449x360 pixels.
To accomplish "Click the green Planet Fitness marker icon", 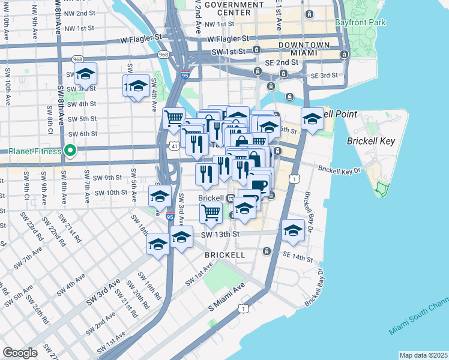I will click(x=70, y=151).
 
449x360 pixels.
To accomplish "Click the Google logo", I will click(x=20, y=353).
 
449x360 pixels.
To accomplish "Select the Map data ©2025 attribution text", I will click(x=423, y=355).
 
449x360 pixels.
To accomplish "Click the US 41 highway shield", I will click(x=173, y=146).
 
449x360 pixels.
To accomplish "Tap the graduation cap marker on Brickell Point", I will click(x=312, y=118).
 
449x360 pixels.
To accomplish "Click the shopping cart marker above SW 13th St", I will click(x=211, y=212).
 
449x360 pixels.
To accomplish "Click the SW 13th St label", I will click(x=220, y=234).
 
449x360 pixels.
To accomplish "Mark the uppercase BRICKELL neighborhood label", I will click(x=224, y=255).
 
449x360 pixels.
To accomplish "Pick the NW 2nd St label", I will click(x=80, y=13).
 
